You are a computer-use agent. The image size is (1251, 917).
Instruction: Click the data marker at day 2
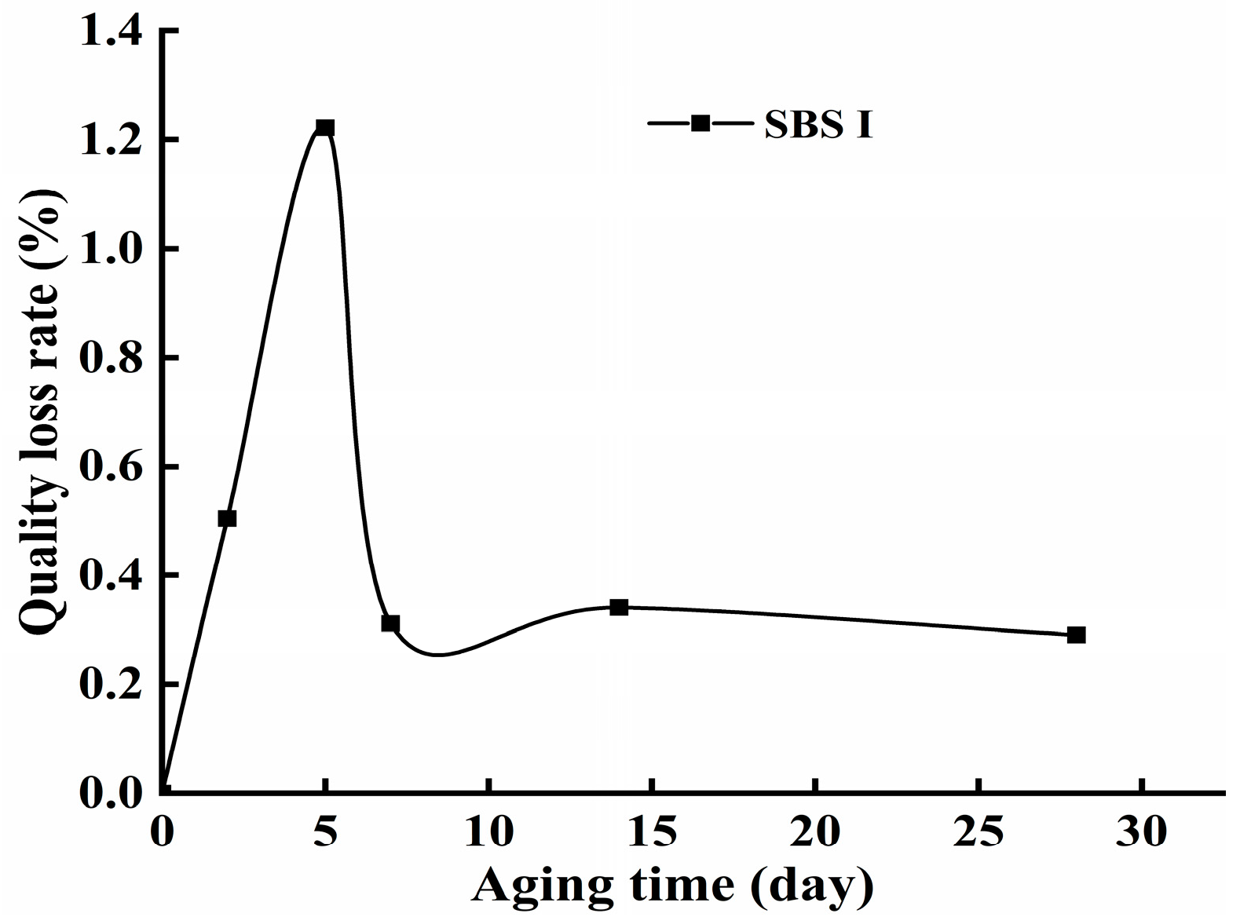pos(227,518)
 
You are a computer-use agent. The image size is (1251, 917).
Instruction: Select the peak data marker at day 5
pos(325,127)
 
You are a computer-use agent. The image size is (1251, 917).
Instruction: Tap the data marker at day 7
pos(390,623)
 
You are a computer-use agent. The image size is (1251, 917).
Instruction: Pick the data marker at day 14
pos(619,607)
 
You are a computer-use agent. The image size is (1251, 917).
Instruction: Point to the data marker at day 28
pos(1076,634)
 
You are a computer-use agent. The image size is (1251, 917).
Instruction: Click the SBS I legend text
pos(818,125)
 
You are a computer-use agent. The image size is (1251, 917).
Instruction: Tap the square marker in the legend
pos(700,122)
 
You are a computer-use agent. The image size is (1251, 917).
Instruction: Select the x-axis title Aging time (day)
pos(672,886)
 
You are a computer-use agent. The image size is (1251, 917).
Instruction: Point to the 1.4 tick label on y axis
pos(115,32)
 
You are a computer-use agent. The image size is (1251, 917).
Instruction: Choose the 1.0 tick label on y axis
pos(115,250)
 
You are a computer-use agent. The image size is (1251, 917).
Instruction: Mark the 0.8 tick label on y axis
pos(115,359)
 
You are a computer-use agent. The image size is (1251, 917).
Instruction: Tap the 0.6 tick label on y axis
pos(115,468)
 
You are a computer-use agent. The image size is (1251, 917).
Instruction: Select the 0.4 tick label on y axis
pos(115,577)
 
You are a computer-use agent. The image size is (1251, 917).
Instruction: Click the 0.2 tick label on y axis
pos(115,686)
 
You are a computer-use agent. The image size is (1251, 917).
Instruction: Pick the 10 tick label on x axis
pos(488,832)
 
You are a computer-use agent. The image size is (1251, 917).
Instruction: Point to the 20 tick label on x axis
pos(815,832)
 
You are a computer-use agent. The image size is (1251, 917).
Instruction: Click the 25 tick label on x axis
pos(978,832)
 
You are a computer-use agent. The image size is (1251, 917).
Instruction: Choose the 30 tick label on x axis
pos(1142,832)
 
